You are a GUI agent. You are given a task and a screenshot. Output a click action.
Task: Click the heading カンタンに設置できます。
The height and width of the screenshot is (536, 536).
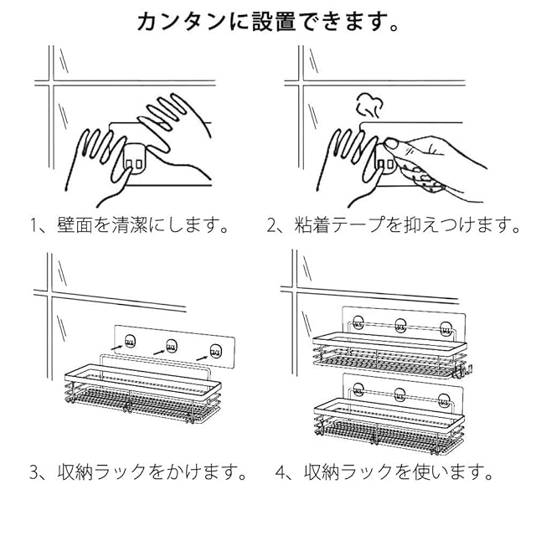[268, 21]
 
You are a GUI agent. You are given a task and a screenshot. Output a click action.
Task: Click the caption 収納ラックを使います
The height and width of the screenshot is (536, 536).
[397, 473]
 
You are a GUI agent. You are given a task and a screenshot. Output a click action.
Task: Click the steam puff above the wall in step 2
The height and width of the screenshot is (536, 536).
[368, 106]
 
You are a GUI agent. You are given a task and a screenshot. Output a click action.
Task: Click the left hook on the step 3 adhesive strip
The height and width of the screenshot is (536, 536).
[130, 339]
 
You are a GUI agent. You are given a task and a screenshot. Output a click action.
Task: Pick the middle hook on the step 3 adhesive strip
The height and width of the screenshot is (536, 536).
[172, 343]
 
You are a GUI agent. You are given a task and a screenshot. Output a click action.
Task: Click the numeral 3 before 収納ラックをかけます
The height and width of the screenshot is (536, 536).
[35, 473]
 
